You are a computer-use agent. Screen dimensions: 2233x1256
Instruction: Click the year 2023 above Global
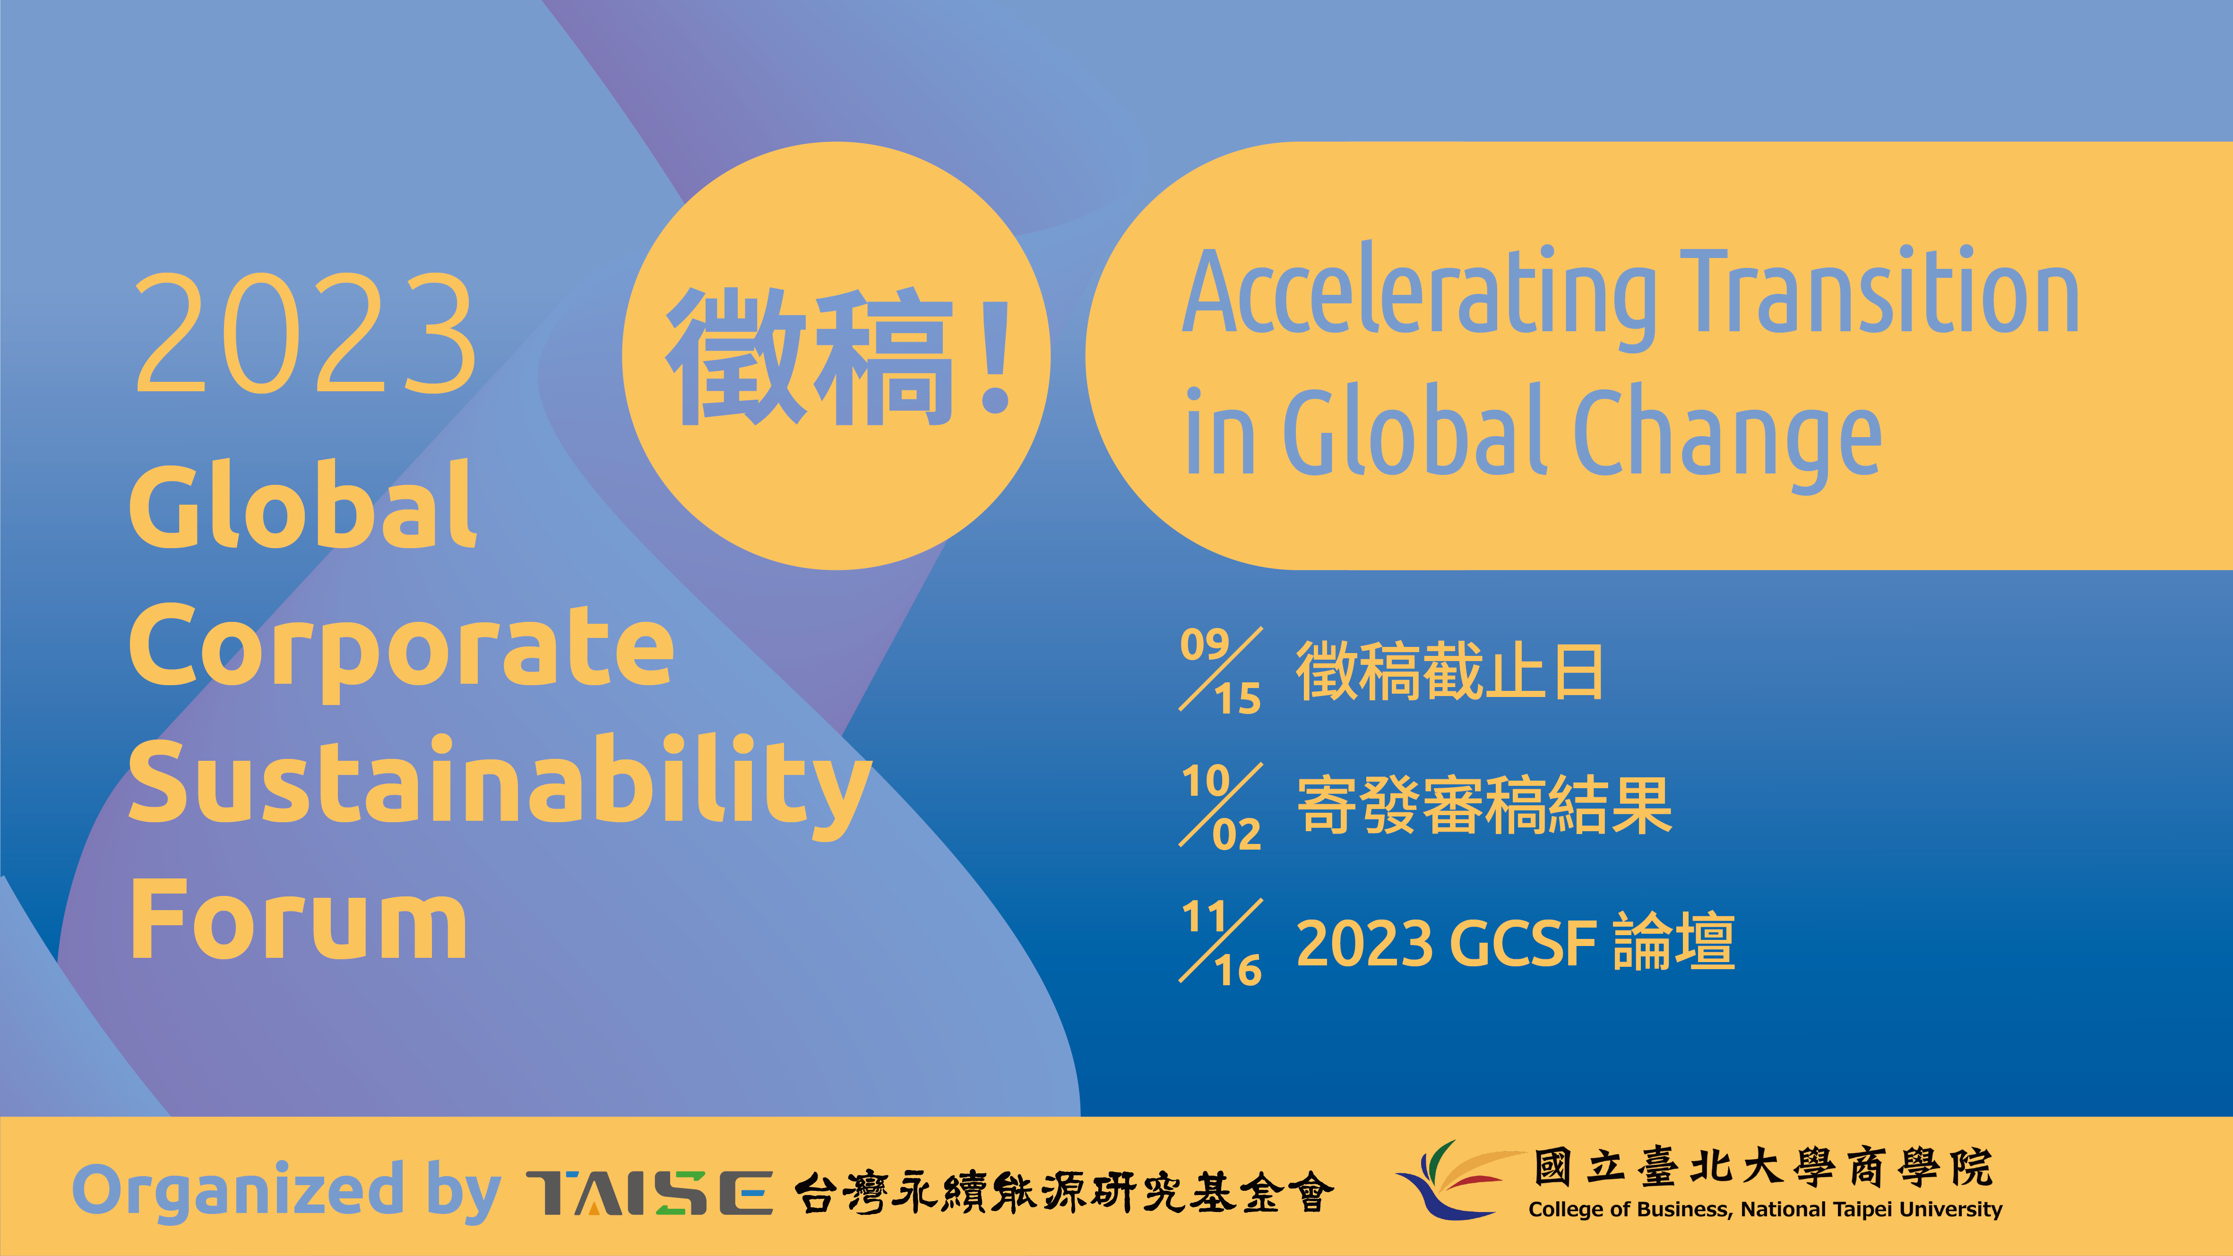coord(304,333)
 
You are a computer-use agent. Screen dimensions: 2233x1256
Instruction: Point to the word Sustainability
coord(500,786)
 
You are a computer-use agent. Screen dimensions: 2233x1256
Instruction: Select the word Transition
coord(1880,291)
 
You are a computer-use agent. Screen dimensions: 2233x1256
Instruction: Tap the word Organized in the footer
coord(238,1191)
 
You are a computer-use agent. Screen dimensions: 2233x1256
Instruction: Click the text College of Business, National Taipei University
coord(1765,1209)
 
